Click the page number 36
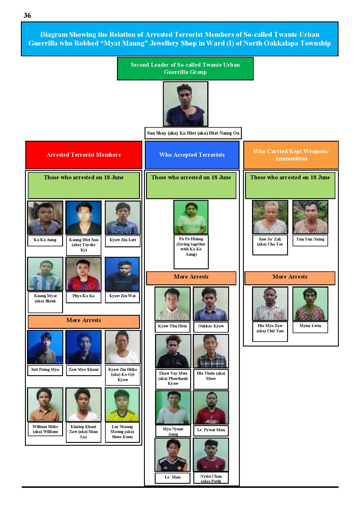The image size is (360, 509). [27, 15]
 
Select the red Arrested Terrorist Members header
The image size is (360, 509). [84, 155]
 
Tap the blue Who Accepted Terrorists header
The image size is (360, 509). [192, 155]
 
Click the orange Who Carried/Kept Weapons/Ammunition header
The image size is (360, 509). [291, 155]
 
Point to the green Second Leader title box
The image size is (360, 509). [185, 68]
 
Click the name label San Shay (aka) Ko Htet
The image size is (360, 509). [193, 133]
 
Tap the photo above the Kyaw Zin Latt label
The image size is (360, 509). [123, 218]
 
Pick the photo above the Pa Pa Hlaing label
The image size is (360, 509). [191, 217]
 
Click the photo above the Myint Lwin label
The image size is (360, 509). [310, 304]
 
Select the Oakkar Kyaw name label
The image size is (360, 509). [211, 326]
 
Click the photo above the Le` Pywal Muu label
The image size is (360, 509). [211, 407]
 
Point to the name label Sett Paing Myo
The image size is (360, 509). [45, 370]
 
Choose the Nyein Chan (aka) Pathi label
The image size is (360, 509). [211, 478]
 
